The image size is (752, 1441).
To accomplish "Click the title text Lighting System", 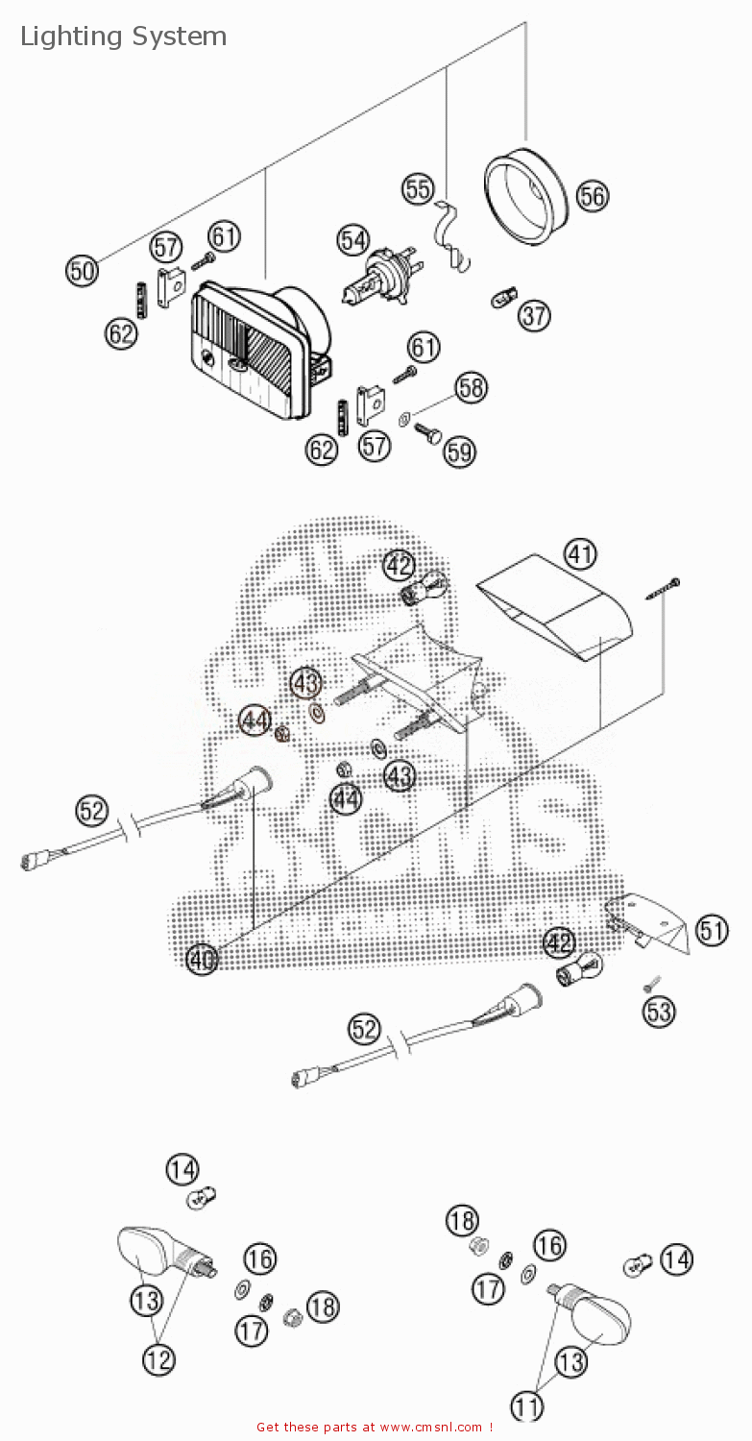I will coord(123,37).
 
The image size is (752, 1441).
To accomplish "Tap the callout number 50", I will coord(83,270).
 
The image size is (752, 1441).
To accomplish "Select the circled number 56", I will coord(593,196).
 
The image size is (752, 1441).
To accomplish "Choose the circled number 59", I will coord(459,452).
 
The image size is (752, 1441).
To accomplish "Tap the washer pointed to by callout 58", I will coord(405,418).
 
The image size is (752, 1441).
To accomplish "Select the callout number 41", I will coord(579,553).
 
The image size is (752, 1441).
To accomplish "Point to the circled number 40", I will coord(202,959).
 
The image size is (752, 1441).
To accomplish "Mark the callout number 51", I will coord(712,930).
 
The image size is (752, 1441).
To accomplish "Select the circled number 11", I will coord(526,1407).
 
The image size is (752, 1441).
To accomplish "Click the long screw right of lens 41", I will coord(664,589).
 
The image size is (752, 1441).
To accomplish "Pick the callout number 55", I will coord(418,189).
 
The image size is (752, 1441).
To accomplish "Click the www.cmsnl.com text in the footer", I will coord(432,1428).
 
